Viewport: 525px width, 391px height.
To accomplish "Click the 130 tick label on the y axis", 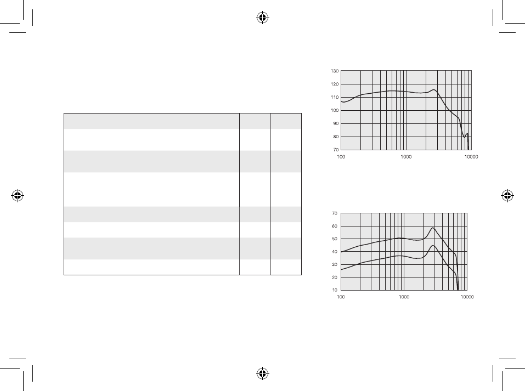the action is click(335, 71).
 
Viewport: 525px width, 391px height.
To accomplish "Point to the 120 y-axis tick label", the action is click(335, 84).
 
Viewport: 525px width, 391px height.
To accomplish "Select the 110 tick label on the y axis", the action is click(335, 97).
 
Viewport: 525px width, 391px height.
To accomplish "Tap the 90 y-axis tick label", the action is click(336, 123).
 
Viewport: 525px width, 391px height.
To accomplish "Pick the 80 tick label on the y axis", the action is click(336, 137).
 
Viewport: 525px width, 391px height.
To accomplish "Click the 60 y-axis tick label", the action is click(335, 226).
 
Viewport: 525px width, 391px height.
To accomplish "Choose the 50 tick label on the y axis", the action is click(335, 239).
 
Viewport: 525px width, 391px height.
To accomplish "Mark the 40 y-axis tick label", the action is click(335, 252).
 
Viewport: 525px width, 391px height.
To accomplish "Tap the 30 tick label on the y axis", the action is click(335, 265).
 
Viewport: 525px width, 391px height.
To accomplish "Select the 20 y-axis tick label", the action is click(335, 277).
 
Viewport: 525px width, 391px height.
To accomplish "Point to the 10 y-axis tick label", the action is click(335, 290).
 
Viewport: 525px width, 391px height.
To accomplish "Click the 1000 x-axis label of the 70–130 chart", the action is click(406, 157).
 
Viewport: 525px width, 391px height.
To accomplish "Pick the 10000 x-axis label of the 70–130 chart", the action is click(471, 157).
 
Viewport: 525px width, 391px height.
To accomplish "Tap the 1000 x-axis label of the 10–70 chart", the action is click(404, 297).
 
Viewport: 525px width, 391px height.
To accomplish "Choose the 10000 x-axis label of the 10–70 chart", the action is click(467, 297).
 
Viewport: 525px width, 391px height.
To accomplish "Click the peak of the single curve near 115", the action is click(434, 89).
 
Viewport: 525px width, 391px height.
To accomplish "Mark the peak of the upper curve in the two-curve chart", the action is click(433, 228).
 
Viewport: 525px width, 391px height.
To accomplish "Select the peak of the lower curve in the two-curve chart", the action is click(433, 246).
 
